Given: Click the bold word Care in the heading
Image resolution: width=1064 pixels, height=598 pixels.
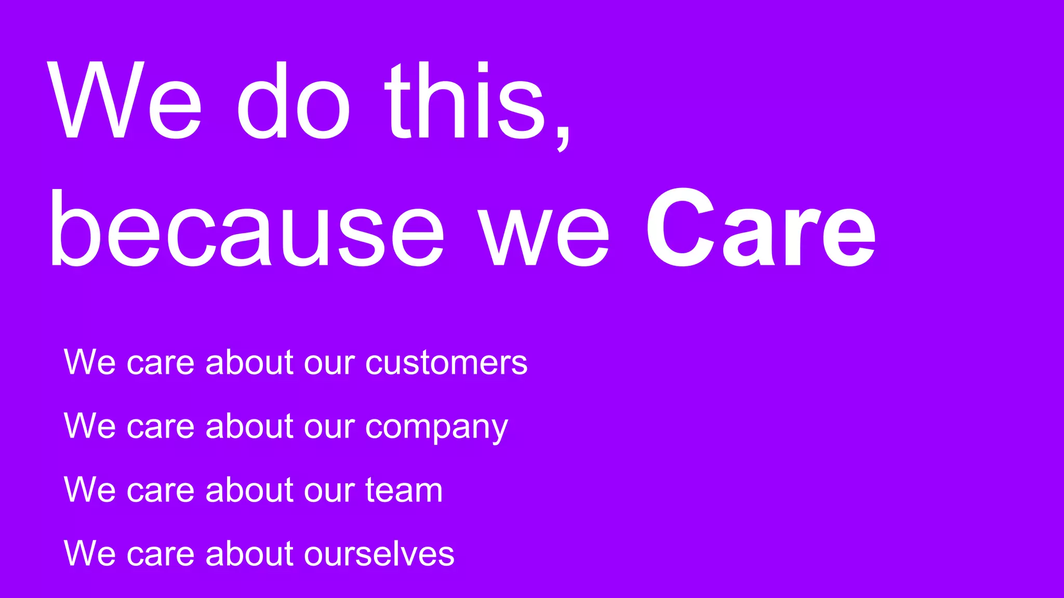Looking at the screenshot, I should [761, 228].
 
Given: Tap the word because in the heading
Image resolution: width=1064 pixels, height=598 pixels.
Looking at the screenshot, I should [247, 228].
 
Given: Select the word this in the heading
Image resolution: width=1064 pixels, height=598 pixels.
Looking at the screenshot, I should [465, 101].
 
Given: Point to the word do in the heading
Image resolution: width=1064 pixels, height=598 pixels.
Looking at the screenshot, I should [294, 101].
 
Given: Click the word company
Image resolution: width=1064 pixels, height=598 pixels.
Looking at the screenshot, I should [436, 427].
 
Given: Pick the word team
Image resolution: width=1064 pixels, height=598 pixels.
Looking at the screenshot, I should [404, 490].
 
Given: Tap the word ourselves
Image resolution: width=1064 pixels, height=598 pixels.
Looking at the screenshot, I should [379, 554].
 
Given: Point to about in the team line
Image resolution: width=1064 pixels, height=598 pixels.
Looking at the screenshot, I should [250, 490].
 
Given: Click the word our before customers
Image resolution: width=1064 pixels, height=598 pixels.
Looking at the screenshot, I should [329, 363].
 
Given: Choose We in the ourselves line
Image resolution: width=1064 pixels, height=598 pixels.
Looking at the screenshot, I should [89, 554].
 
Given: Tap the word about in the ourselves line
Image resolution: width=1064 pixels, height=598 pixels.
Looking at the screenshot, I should [250, 554].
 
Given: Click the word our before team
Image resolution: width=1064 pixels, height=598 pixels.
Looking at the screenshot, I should [329, 491].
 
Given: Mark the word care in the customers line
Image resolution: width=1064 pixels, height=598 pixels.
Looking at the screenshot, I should [161, 363].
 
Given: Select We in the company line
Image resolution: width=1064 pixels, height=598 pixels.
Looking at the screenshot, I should [89, 427].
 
